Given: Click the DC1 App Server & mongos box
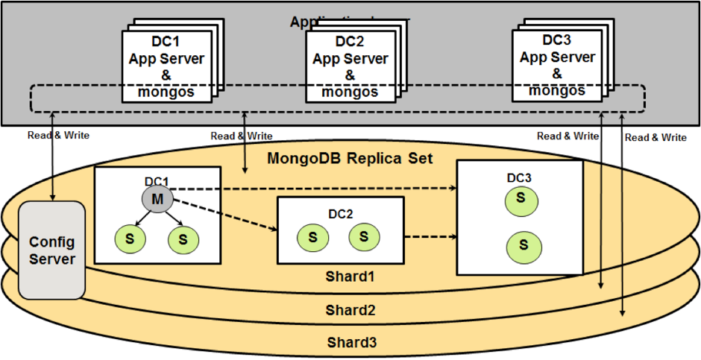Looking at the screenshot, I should pyautogui.click(x=166, y=66).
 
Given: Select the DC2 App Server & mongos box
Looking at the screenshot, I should pyautogui.click(x=350, y=66).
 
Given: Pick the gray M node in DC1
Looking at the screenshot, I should pyautogui.click(x=157, y=199).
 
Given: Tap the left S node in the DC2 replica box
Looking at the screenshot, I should pyautogui.click(x=312, y=238).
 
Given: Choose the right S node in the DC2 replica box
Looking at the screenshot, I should pyautogui.click(x=364, y=236).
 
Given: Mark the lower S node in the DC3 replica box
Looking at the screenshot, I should pyautogui.click(x=524, y=244).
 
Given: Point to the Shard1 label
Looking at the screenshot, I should pyautogui.click(x=350, y=277).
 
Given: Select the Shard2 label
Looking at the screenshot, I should pyautogui.click(x=350, y=309).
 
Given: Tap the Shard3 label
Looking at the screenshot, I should pyautogui.click(x=350, y=342).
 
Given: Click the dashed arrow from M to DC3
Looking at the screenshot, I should pyautogui.click(x=313, y=189).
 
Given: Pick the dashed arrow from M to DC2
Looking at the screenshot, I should pyautogui.click(x=224, y=216).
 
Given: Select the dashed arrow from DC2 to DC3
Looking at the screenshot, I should pyautogui.click(x=430, y=237).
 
